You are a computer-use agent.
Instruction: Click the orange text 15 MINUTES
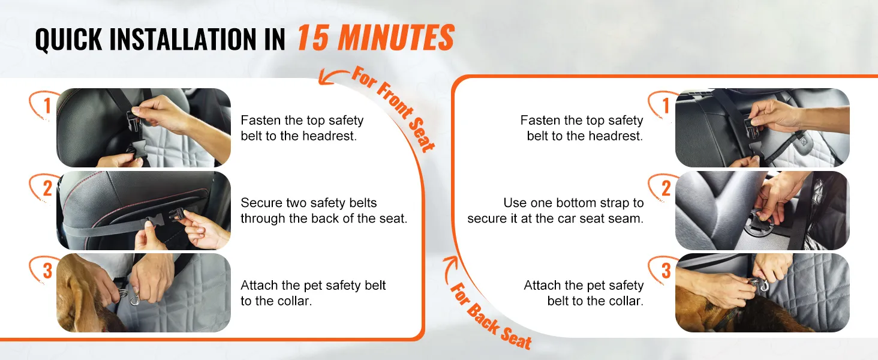click(375, 38)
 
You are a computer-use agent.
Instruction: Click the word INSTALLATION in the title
click(183, 39)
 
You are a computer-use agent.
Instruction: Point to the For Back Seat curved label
click(491, 316)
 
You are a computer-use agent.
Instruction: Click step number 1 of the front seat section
click(47, 106)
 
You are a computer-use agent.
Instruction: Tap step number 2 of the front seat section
click(47, 188)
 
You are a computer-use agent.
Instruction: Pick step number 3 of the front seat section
click(47, 271)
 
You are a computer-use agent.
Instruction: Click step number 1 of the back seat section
click(666, 106)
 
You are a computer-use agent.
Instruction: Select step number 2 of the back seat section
click(666, 188)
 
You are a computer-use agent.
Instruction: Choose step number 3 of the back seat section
click(666, 271)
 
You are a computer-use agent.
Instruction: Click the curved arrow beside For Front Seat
click(331, 74)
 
